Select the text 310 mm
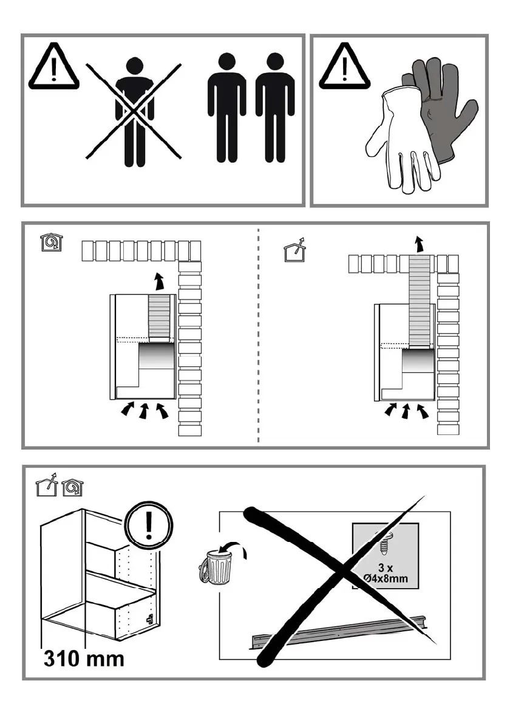[x=83, y=657]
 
